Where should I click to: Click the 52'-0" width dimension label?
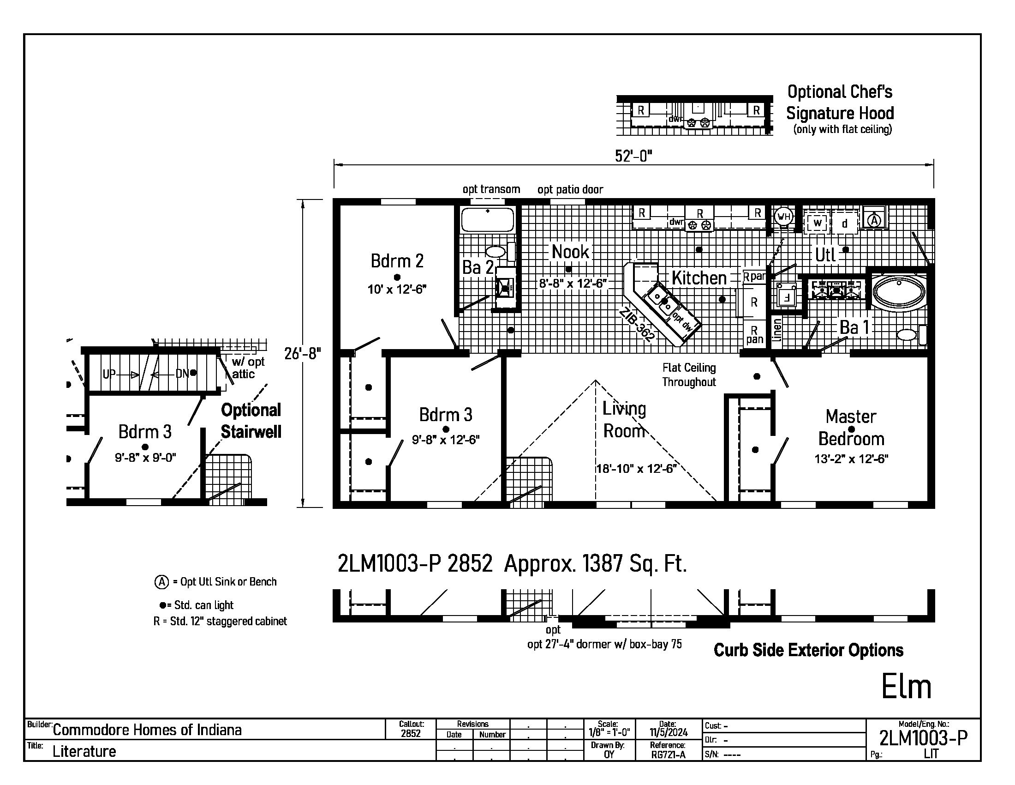click(633, 156)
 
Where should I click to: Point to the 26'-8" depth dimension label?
click(303, 354)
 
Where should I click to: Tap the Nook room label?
click(570, 252)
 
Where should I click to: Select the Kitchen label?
click(699, 278)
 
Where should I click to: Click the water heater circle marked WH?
click(783, 216)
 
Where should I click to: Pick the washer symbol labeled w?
click(818, 223)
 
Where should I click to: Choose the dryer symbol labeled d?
click(844, 223)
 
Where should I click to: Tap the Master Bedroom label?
click(851, 428)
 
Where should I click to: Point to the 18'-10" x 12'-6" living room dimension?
click(636, 469)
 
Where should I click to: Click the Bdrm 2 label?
click(397, 261)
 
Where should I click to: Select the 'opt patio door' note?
click(570, 189)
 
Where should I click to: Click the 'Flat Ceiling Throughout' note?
click(689, 375)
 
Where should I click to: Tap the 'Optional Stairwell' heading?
click(251, 421)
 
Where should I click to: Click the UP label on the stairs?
click(109, 374)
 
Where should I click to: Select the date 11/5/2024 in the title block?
click(669, 732)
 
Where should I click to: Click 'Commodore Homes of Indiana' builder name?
click(147, 730)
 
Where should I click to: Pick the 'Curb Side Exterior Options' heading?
click(808, 650)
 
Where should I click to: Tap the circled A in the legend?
click(161, 582)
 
